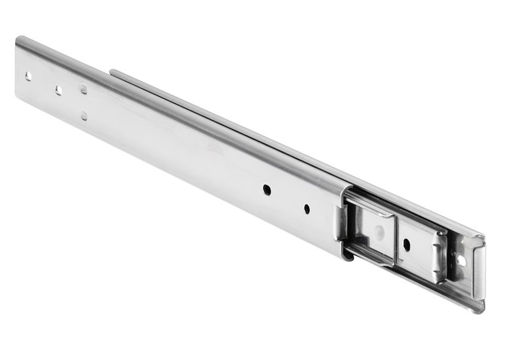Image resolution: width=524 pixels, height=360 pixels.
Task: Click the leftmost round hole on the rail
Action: click(28, 76)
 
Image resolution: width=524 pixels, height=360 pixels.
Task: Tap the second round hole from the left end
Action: click(58, 90)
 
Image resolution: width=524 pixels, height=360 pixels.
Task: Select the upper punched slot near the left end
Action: click(83, 89)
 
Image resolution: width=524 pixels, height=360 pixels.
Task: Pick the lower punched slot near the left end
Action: click(84, 116)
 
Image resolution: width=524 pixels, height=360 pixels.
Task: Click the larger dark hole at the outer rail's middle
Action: click(267, 189)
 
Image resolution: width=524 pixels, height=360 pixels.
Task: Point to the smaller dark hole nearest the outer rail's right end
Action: click(307, 209)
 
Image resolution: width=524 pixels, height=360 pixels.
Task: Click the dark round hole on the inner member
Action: click(407, 245)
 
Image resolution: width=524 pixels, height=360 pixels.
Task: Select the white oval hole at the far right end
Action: click(461, 261)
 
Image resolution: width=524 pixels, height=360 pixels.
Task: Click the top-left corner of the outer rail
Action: click(18, 39)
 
